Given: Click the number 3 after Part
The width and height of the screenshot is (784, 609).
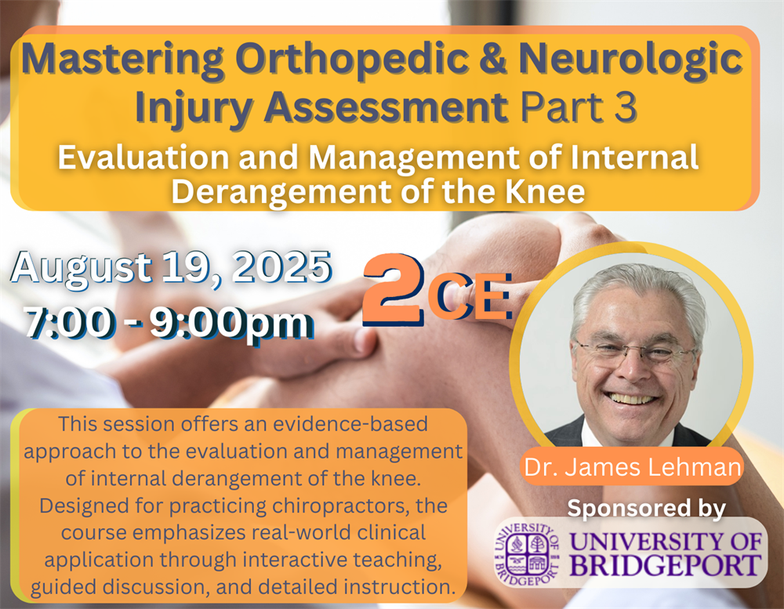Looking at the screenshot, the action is pyautogui.click(x=625, y=107).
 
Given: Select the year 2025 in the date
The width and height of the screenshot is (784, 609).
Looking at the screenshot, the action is pyautogui.click(x=281, y=266).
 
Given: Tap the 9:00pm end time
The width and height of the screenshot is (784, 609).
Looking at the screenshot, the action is pyautogui.click(x=231, y=324).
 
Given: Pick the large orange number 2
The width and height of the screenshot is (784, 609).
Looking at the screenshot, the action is pyautogui.click(x=393, y=289).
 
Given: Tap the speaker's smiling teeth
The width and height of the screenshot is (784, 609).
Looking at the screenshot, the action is pyautogui.click(x=631, y=398).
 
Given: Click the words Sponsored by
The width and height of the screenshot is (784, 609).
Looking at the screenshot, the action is pyautogui.click(x=646, y=509).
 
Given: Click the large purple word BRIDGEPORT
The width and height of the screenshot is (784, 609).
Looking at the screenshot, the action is pyautogui.click(x=666, y=566).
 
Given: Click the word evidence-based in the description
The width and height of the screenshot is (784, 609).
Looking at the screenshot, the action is pyautogui.click(x=350, y=424).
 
